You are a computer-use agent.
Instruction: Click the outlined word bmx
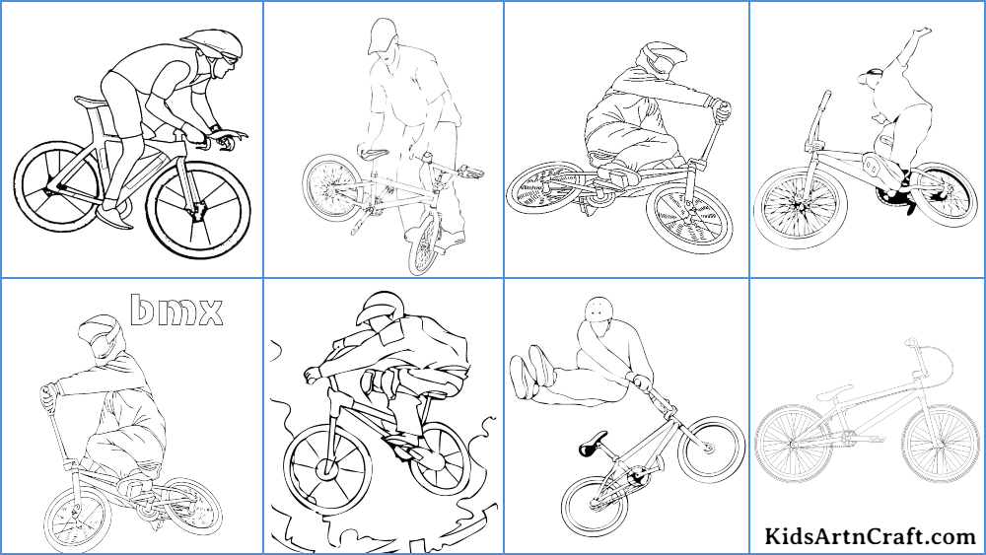tap(176, 310)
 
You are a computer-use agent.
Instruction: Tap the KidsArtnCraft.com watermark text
tap(870, 536)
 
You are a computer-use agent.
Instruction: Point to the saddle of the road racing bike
tap(88, 101)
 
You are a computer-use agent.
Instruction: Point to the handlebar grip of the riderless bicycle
tap(912, 342)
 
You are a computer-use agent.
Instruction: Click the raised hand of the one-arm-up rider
tap(921, 34)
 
